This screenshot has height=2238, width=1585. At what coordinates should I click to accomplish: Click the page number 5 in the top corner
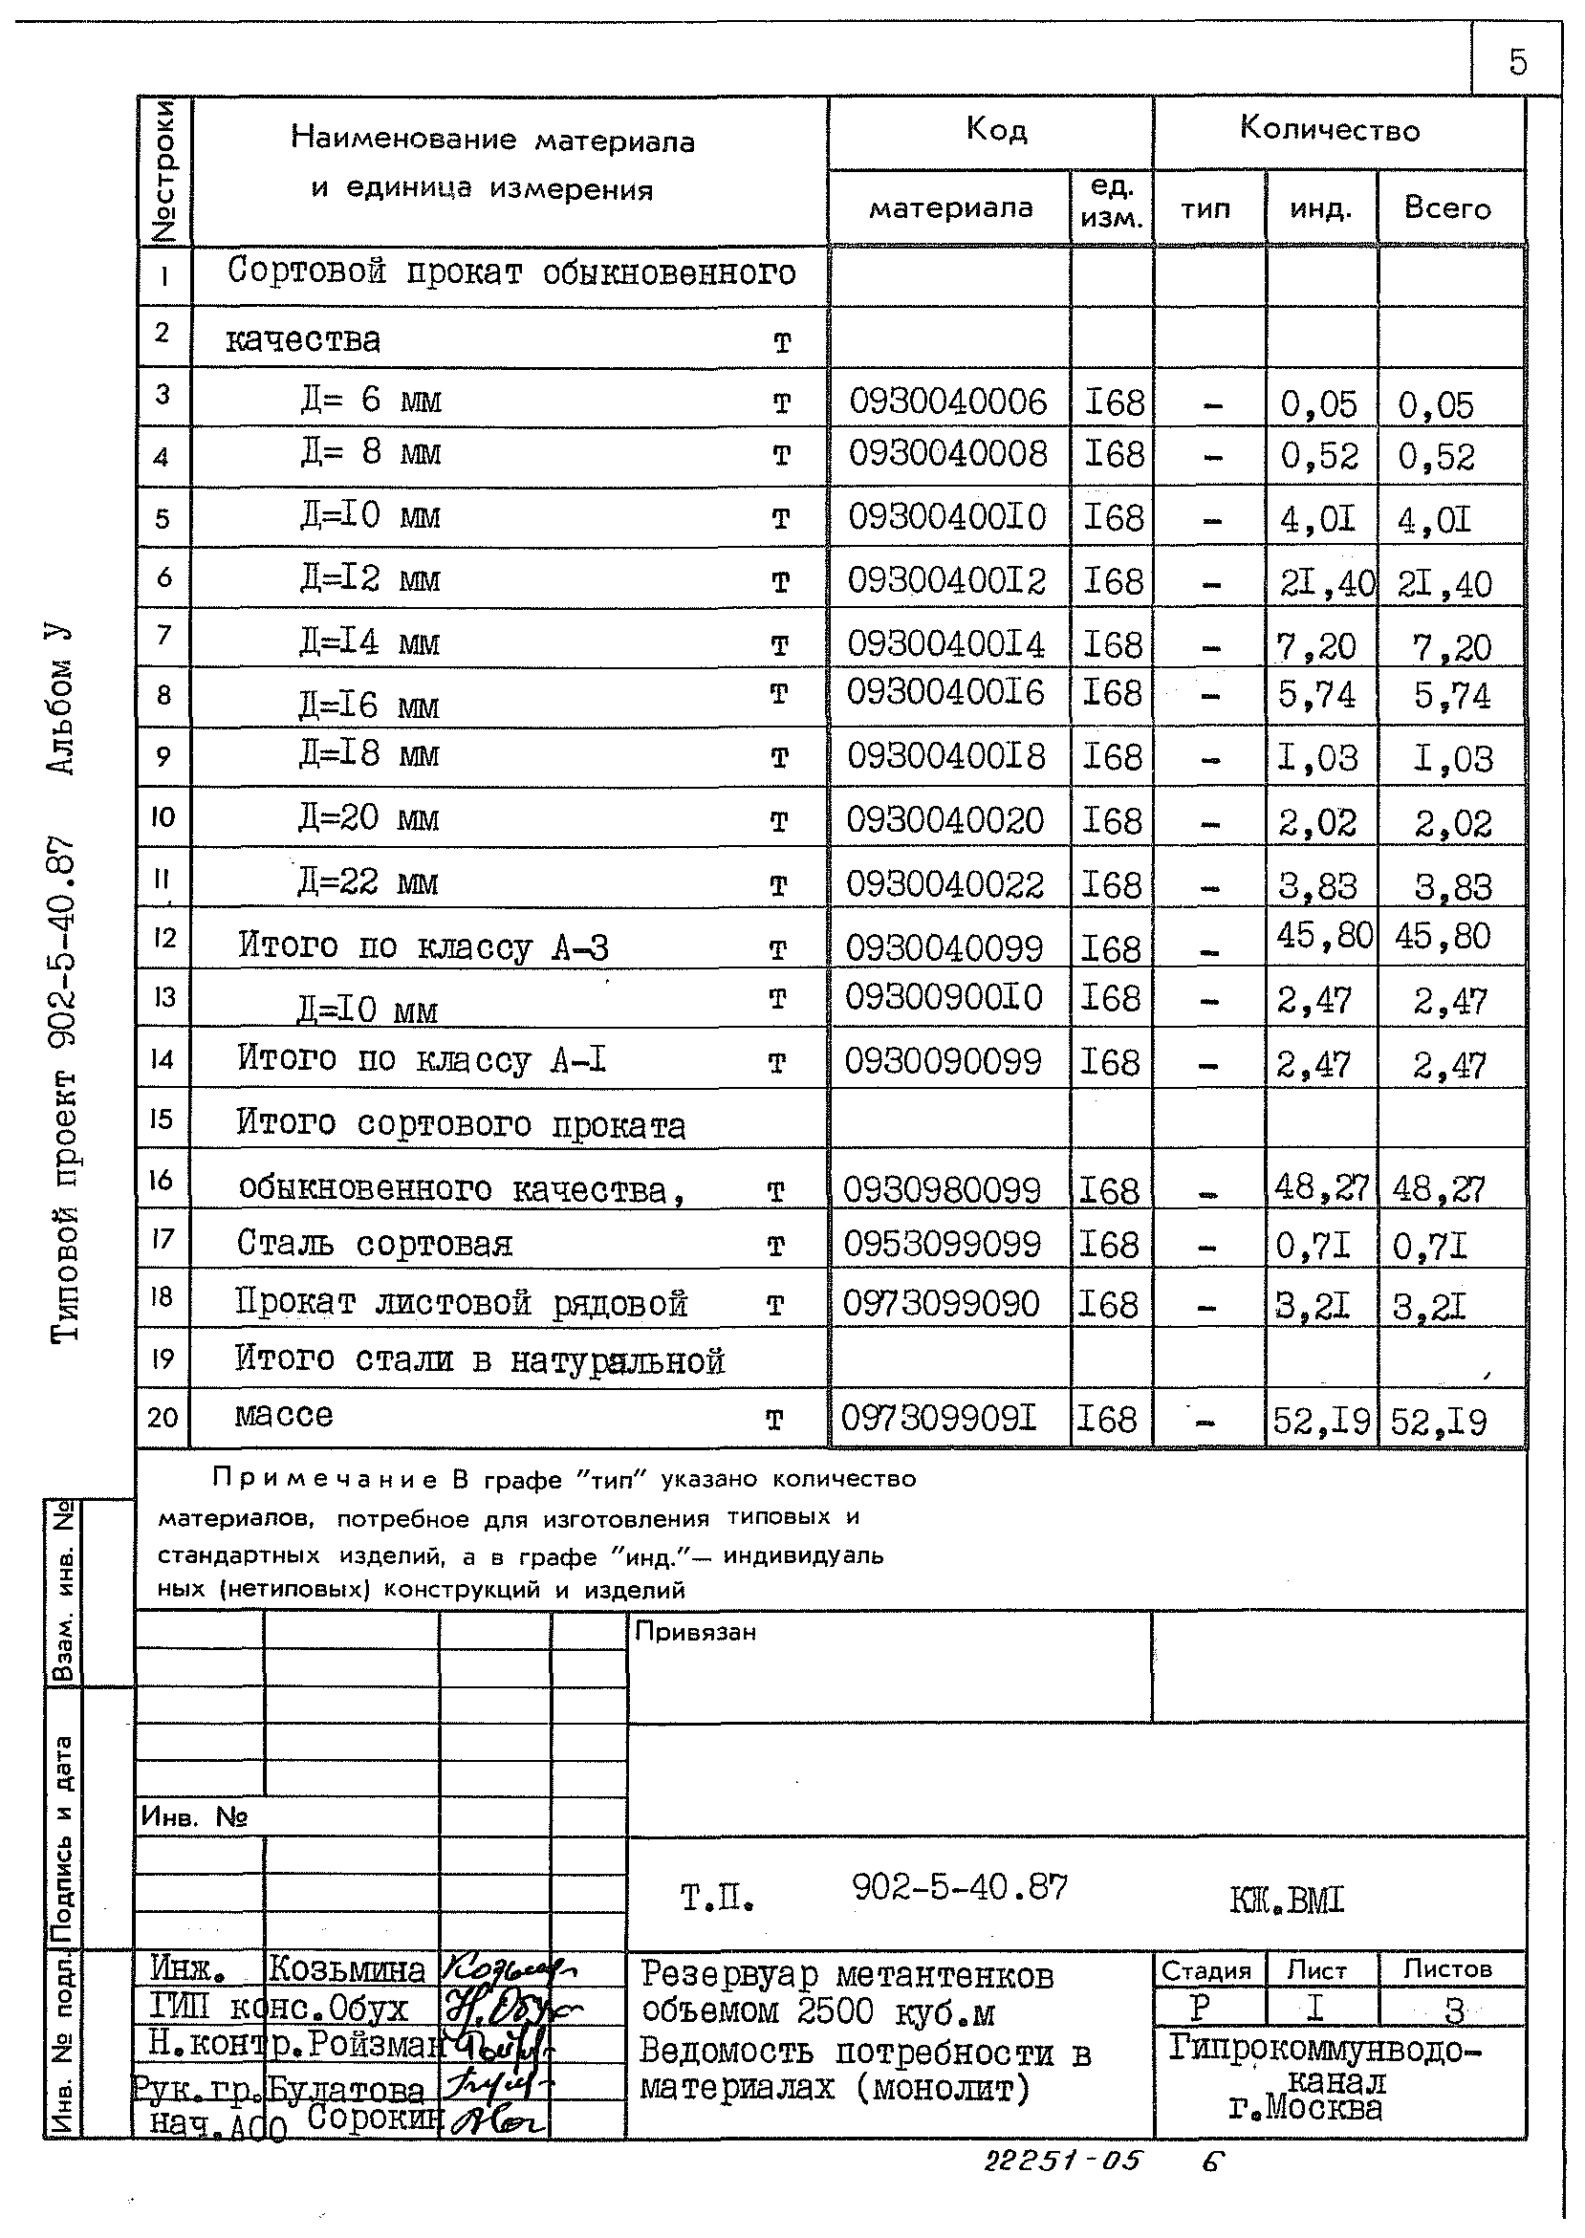1517,62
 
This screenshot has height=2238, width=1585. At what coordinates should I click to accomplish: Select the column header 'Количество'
1330,129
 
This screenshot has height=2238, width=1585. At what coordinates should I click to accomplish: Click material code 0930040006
946,402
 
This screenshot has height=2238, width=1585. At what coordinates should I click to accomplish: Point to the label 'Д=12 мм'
370,579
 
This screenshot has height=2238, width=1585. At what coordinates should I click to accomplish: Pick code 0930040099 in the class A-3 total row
944,947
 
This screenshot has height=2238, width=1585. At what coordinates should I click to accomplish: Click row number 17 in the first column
162,1239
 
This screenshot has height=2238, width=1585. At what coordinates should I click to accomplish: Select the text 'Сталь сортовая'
374,1244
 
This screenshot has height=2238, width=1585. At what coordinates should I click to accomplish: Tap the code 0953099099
942,1245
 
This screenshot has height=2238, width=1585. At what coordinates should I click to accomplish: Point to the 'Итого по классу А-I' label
422,1059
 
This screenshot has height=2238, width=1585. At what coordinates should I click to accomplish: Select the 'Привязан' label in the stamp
695,1632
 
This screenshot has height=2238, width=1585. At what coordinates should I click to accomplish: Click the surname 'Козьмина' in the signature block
346,1970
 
